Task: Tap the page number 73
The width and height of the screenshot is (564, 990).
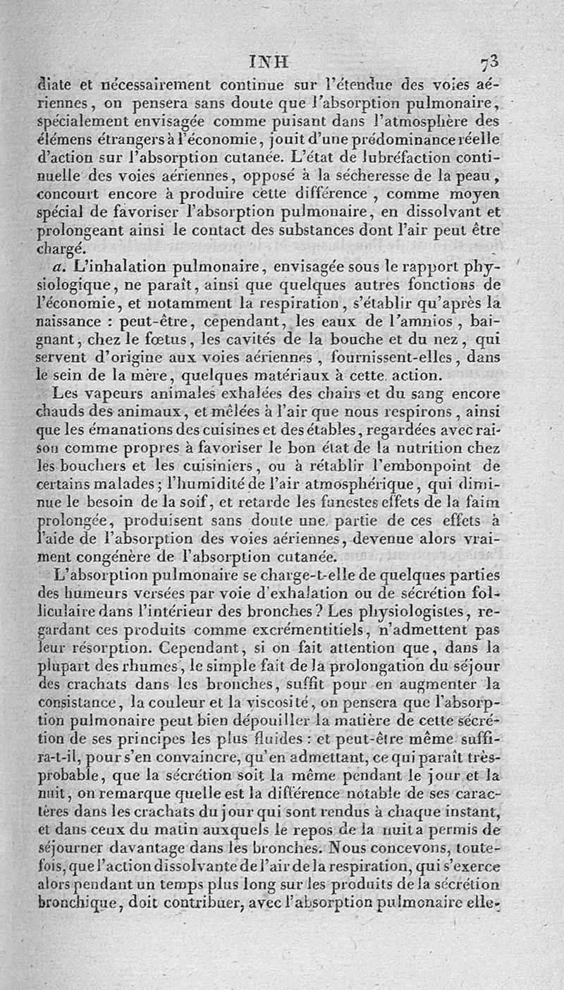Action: (x=490, y=61)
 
